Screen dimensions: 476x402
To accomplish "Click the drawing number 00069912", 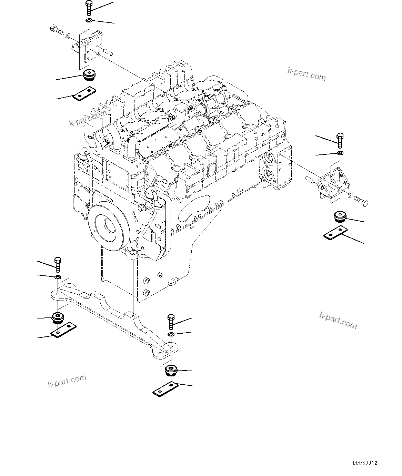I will point(365,463).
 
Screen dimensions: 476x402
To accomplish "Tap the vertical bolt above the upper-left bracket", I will point(88,8).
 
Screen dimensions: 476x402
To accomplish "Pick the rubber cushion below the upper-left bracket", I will point(90,75).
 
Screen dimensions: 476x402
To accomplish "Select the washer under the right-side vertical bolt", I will point(340,153).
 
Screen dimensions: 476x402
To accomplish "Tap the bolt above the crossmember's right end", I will point(171,321).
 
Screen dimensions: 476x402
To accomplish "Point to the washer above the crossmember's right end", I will point(171,335).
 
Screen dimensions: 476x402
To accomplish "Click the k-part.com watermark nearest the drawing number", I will point(338,320).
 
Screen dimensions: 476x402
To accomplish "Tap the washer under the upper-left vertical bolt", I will point(89,21).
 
